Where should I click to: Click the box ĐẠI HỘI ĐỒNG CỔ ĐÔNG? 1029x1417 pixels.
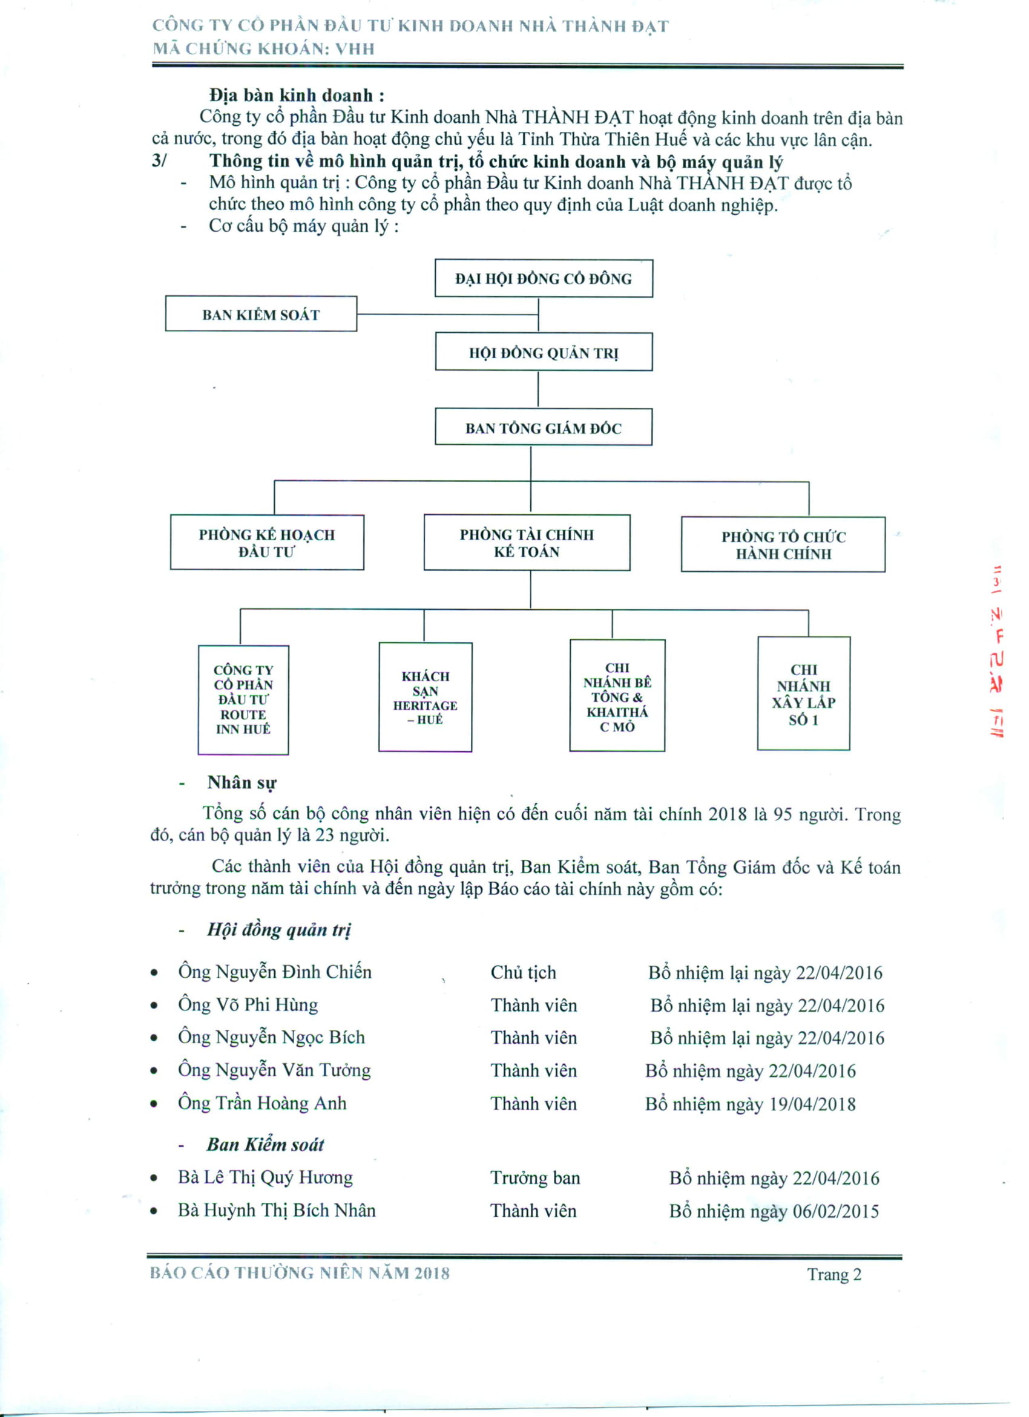(544, 278)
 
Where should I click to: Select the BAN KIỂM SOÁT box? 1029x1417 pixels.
(261, 313)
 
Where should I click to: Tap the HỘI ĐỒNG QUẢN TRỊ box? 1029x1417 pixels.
(544, 352)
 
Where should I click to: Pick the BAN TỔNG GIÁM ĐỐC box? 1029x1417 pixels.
(544, 427)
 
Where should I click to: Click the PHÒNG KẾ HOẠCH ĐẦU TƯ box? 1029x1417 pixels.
(267, 542)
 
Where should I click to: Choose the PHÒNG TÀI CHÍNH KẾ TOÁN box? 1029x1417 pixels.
(527, 542)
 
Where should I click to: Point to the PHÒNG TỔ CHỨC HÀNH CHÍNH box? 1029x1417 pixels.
(783, 544)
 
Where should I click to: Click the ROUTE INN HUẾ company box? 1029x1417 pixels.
(243, 700)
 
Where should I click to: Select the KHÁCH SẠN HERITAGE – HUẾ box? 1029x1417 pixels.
(425, 696)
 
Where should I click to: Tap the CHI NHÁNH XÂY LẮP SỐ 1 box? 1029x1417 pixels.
(803, 693)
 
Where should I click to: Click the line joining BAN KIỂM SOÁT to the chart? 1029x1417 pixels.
(447, 313)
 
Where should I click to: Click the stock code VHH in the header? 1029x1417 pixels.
(355, 49)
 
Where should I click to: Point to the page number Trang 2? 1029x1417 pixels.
(834, 1274)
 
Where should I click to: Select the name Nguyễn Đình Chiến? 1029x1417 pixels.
(293, 972)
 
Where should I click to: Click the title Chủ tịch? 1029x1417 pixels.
(523, 972)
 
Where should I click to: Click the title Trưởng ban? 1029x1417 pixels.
(535, 1179)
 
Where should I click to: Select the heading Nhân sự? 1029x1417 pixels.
(242, 783)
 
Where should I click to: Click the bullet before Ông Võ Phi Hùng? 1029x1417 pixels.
(154, 1006)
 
